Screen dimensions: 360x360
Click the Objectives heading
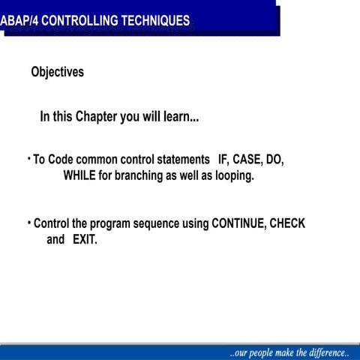point(58,73)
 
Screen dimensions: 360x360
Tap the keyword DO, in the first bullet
point(274,160)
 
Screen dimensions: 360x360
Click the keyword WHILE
point(82,176)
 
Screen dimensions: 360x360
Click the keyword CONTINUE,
point(238,223)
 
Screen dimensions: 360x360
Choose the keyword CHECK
point(287,223)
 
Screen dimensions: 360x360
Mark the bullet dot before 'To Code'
point(28,158)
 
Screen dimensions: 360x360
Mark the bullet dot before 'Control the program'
point(28,222)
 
